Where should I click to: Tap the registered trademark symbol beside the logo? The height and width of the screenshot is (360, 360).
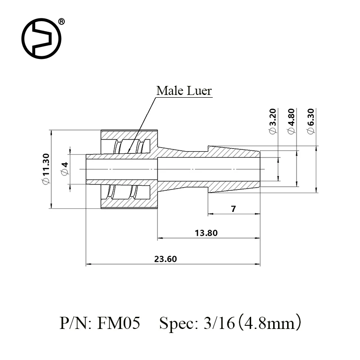pos(62,21)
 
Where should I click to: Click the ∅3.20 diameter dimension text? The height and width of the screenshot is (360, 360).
pos(273,121)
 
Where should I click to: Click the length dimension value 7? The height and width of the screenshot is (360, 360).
pos(233,209)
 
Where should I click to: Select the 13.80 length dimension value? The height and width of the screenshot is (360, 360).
pos(208,233)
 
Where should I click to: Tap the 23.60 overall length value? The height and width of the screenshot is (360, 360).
pos(166,259)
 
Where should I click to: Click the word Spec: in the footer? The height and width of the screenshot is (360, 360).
pos(177,323)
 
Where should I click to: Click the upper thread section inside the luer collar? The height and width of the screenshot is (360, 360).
pos(129,146)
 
